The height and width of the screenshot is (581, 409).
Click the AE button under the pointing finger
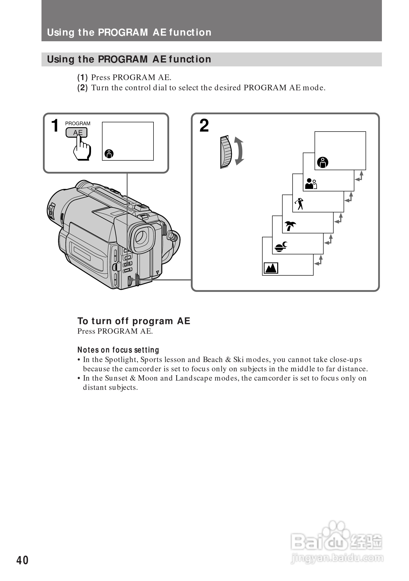tap(76, 132)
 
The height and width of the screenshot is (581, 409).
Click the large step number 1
tap(55, 125)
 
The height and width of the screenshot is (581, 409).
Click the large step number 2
tap(204, 125)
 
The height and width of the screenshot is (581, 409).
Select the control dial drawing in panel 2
tap(226, 152)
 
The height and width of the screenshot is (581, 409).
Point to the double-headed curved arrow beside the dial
tap(239, 151)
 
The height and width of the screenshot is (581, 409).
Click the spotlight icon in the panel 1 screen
tap(109, 154)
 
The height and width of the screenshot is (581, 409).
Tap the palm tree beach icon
tap(290, 225)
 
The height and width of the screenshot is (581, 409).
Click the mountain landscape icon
tap(271, 268)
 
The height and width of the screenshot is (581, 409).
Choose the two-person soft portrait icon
tap(311, 184)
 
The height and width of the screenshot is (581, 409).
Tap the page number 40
tap(22, 560)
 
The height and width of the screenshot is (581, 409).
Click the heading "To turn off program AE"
tap(133, 321)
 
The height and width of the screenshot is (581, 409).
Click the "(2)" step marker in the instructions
tap(82, 88)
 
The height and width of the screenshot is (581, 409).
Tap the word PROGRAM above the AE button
tap(78, 124)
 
